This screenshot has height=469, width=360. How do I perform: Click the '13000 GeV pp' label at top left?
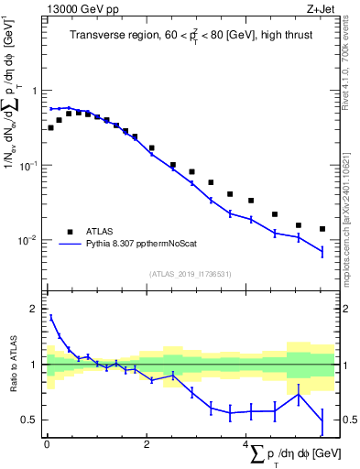coord(76,9)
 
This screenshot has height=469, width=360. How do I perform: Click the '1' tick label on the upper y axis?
coord(35,92)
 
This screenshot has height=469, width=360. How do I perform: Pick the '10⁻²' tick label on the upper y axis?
coord(29,240)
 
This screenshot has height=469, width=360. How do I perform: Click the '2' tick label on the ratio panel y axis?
coord(35,310)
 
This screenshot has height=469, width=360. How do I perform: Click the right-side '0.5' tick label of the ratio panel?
coord(345,420)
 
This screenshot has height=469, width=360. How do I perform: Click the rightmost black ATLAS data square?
coord(322,229)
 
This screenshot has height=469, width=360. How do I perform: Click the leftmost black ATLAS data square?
coord(51,127)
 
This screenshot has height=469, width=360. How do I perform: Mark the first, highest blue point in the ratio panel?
coord(51,318)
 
